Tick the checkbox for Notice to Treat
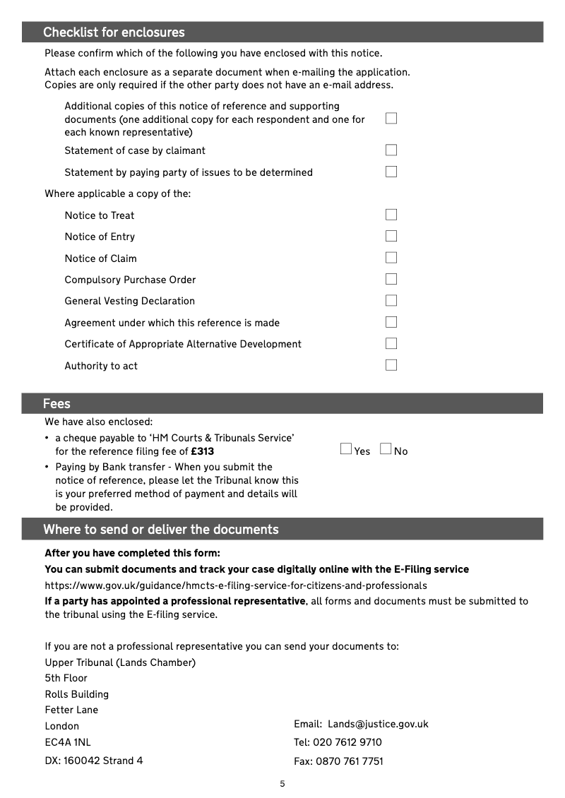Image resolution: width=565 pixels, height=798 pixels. tap(391, 215)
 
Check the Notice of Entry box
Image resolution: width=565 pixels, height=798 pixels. tap(391, 236)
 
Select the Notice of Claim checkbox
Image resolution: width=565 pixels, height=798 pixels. tap(391, 258)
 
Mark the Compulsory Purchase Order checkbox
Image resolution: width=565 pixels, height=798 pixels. tap(391, 279)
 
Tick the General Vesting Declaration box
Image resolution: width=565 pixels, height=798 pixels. tap(391, 300)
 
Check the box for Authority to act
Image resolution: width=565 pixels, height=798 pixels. tap(391, 365)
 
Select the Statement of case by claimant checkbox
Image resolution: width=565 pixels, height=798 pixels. tap(391, 150)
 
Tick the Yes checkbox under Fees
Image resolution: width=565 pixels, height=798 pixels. tap(346, 449)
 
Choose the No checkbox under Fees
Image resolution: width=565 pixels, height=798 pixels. tap(386, 449)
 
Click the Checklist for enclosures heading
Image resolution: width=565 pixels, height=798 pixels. tap(114, 32)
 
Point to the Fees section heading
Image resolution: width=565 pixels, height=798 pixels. tap(56, 404)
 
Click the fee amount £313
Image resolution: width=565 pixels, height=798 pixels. tap(203, 452)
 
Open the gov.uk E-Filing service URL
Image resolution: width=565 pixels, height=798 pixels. tap(236, 585)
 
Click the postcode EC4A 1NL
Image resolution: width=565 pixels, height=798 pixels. tap(68, 742)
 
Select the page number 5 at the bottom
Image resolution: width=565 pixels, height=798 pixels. tap(282, 784)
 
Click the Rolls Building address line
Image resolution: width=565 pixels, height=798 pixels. tap(77, 694)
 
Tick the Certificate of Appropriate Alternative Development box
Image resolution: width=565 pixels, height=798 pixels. tap(391, 343)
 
